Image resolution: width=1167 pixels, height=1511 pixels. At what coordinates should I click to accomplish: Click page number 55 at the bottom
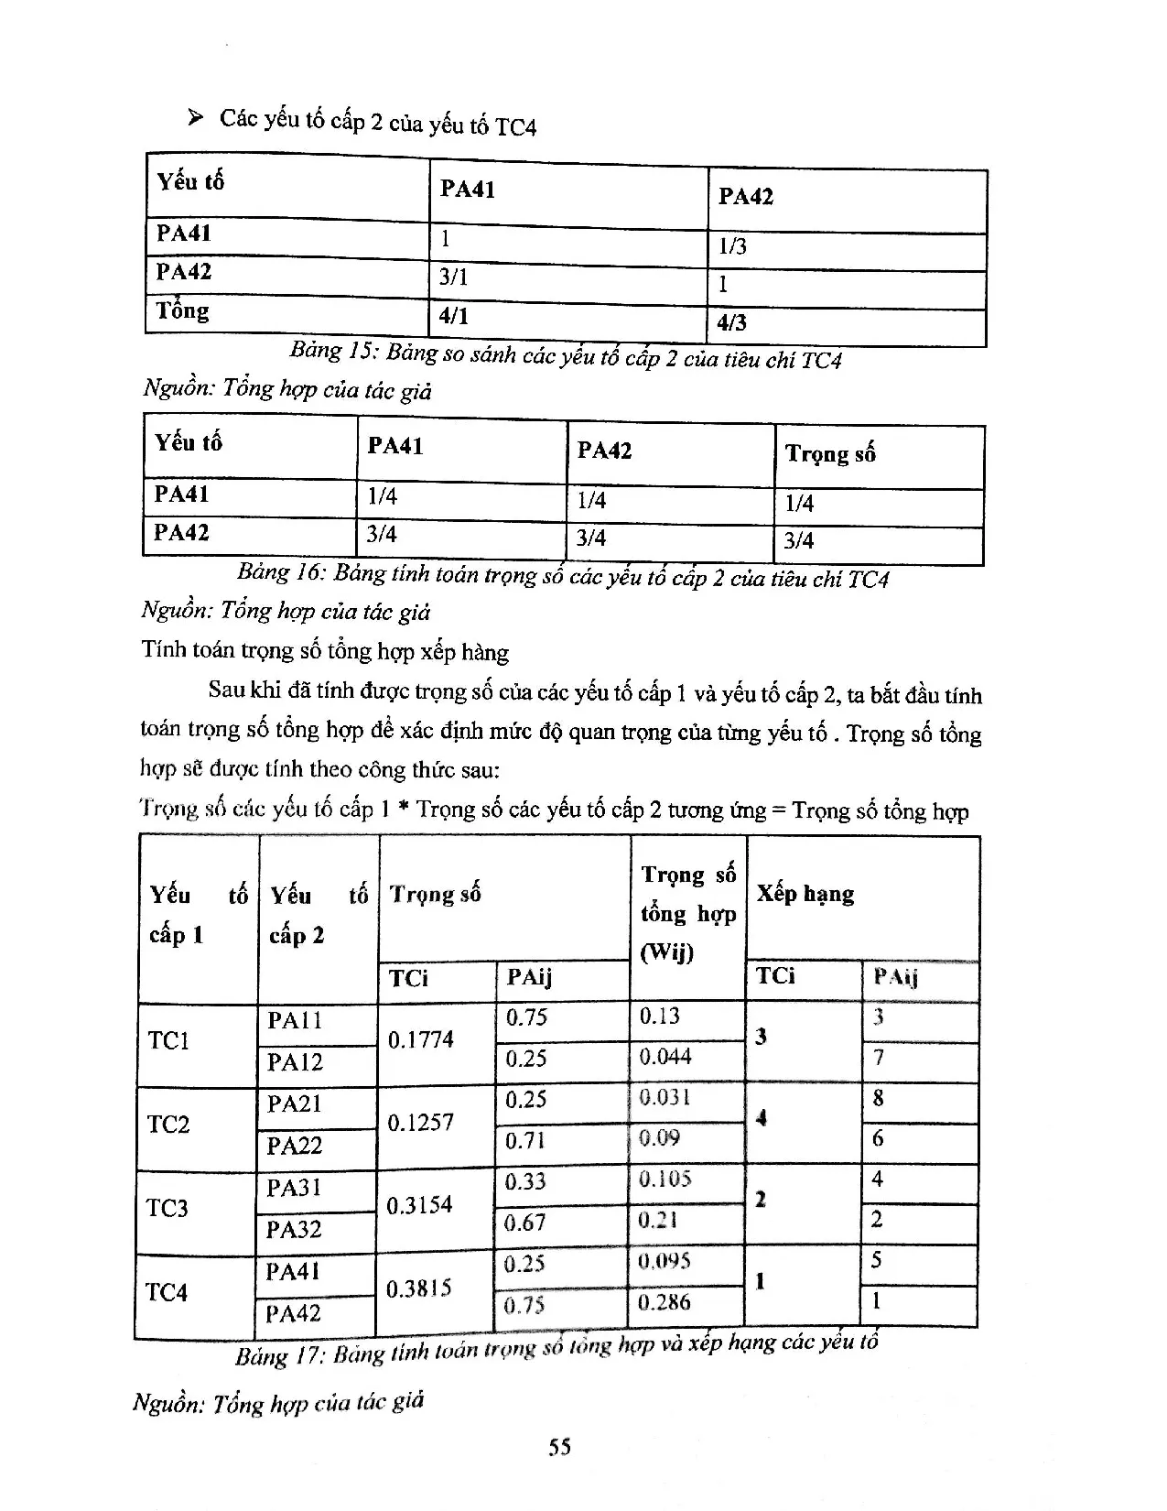(x=559, y=1446)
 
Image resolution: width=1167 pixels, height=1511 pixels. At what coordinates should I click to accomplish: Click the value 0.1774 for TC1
(x=420, y=1039)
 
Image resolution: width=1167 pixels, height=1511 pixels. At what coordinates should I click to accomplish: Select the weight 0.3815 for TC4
(x=418, y=1288)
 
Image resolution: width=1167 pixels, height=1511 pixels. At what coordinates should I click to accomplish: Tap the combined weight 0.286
(x=665, y=1302)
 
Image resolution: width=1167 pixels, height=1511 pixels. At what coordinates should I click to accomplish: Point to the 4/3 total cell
(x=732, y=322)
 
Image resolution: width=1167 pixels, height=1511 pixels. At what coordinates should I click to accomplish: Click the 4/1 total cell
(x=453, y=317)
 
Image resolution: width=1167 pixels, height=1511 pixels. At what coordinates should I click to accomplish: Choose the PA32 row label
(x=293, y=1229)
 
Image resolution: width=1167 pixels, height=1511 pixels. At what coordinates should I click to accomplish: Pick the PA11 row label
(x=294, y=1020)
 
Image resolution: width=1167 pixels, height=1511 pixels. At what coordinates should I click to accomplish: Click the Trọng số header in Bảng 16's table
(x=829, y=453)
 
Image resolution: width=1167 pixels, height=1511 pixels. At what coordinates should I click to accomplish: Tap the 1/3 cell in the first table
(x=732, y=246)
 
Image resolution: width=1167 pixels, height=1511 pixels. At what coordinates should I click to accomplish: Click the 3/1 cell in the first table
(x=453, y=277)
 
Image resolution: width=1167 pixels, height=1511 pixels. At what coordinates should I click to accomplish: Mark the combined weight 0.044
(x=665, y=1057)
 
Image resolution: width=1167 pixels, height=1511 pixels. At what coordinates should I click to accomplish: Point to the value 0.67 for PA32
(x=525, y=1223)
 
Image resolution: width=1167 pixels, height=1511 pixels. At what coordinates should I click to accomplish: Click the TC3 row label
(x=167, y=1208)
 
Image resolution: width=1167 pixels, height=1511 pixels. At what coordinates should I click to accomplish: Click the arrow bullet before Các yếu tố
(x=194, y=118)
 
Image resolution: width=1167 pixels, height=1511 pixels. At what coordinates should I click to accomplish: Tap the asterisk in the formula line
(x=404, y=810)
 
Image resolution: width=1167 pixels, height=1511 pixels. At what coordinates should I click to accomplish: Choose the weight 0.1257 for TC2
(x=419, y=1123)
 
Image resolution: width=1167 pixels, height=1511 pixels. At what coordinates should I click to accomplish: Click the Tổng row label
(x=182, y=310)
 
